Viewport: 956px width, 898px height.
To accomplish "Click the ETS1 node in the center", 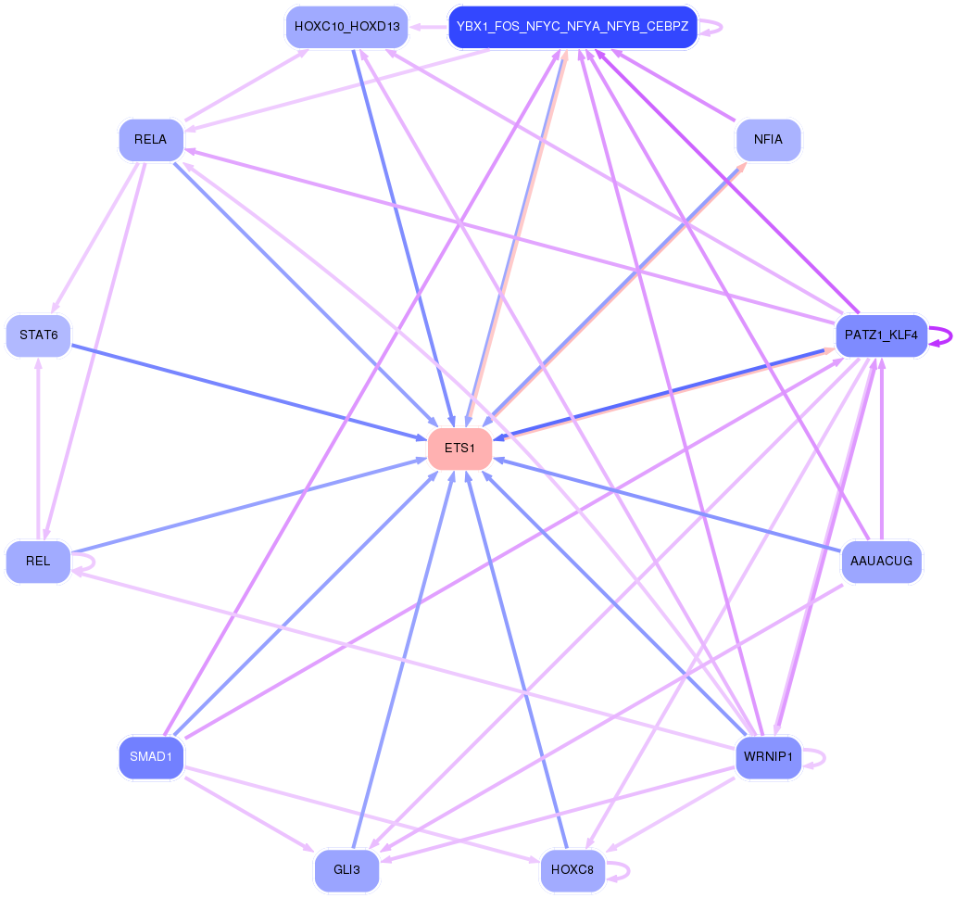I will click(x=459, y=449).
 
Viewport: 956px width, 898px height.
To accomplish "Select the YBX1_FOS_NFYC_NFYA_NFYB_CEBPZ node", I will click(x=572, y=27).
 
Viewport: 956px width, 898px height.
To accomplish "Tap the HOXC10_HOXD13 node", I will click(x=347, y=27).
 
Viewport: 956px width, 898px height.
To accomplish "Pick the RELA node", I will click(x=150, y=140).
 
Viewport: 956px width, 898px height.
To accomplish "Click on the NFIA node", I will click(x=768, y=140).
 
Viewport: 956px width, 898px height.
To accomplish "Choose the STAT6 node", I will click(x=38, y=335).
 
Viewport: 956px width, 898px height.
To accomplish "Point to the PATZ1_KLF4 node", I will click(x=881, y=335).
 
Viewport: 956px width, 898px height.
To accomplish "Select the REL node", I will click(x=38, y=561).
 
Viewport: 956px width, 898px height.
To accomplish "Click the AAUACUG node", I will click(x=881, y=561).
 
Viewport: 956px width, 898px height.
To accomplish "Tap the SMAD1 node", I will click(x=151, y=757).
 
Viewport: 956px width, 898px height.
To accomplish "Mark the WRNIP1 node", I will click(x=768, y=757).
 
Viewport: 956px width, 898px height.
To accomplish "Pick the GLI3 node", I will click(x=347, y=870).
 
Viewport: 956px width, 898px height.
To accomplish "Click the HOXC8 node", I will click(x=572, y=870).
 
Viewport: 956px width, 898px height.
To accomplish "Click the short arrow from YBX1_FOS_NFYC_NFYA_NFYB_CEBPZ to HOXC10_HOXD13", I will click(x=428, y=27).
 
